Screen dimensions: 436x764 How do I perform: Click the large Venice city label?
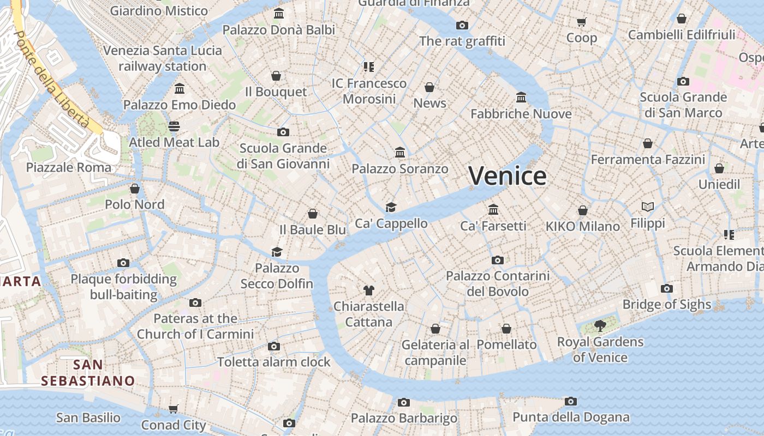[x=507, y=175]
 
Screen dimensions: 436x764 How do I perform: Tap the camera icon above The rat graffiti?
[x=462, y=25]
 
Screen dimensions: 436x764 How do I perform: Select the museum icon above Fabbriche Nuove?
[x=521, y=98]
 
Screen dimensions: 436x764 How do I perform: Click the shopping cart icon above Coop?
[x=581, y=22]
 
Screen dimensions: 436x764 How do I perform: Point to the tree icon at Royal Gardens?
[x=600, y=326]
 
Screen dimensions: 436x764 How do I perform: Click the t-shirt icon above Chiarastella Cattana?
[x=369, y=290]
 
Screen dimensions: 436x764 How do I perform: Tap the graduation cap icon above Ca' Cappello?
[x=391, y=207]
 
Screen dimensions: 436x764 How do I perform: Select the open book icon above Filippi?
[x=648, y=207]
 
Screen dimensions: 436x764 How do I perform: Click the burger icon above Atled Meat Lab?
[x=174, y=126]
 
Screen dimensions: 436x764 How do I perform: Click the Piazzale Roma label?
[x=69, y=167]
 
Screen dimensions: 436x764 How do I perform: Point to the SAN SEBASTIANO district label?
[x=88, y=373]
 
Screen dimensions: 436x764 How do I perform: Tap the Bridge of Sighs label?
[x=667, y=304]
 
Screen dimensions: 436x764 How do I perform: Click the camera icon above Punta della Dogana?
[x=571, y=402]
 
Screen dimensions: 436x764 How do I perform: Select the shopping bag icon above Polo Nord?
[x=135, y=189]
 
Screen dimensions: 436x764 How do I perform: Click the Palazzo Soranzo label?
[x=400, y=169]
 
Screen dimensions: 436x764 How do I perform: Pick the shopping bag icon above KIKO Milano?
[x=583, y=210]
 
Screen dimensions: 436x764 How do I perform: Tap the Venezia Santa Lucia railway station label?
[x=163, y=58]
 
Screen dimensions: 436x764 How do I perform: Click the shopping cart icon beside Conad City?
[x=174, y=409]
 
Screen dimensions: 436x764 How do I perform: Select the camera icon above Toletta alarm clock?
[x=274, y=346]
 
